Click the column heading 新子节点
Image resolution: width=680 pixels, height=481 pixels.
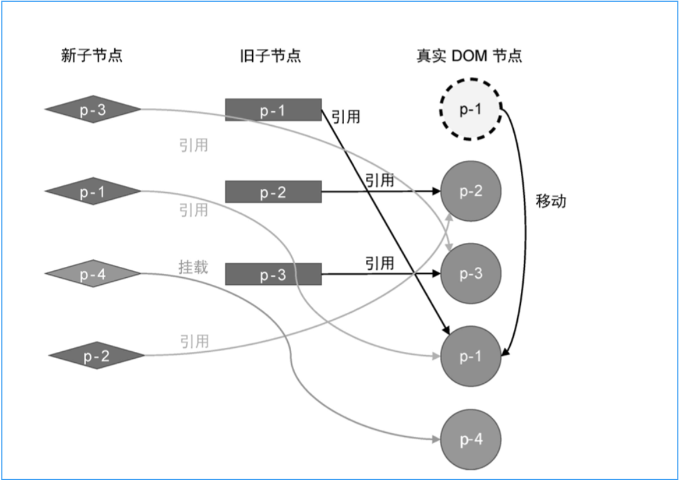pyautogui.click(x=92, y=56)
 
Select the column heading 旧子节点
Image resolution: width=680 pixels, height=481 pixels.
pyautogui.click(x=271, y=56)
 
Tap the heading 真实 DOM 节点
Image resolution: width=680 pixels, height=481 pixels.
pyautogui.click(x=469, y=56)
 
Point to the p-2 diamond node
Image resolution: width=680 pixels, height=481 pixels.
pyautogui.click(x=96, y=356)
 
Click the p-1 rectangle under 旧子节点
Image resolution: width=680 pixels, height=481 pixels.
pyautogui.click(x=273, y=110)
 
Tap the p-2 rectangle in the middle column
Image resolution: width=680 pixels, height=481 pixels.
pyautogui.click(x=273, y=192)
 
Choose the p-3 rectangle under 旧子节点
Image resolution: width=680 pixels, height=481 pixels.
pyautogui.click(x=273, y=274)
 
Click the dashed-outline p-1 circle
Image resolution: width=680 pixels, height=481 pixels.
pyautogui.click(x=471, y=110)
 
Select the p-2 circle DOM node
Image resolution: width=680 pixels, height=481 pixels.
pyautogui.click(x=471, y=191)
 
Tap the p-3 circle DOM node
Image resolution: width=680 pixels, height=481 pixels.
pyautogui.click(x=471, y=274)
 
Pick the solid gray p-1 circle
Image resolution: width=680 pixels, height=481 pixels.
pyautogui.click(x=471, y=356)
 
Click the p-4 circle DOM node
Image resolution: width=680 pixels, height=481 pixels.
pyautogui.click(x=471, y=439)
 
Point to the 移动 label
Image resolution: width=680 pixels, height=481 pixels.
pyautogui.click(x=551, y=201)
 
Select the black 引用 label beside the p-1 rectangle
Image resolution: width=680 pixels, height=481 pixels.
pyautogui.click(x=346, y=117)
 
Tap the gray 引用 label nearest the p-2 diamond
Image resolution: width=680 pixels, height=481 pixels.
pyautogui.click(x=194, y=342)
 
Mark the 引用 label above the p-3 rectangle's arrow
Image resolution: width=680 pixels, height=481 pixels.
pyautogui.click(x=380, y=263)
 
